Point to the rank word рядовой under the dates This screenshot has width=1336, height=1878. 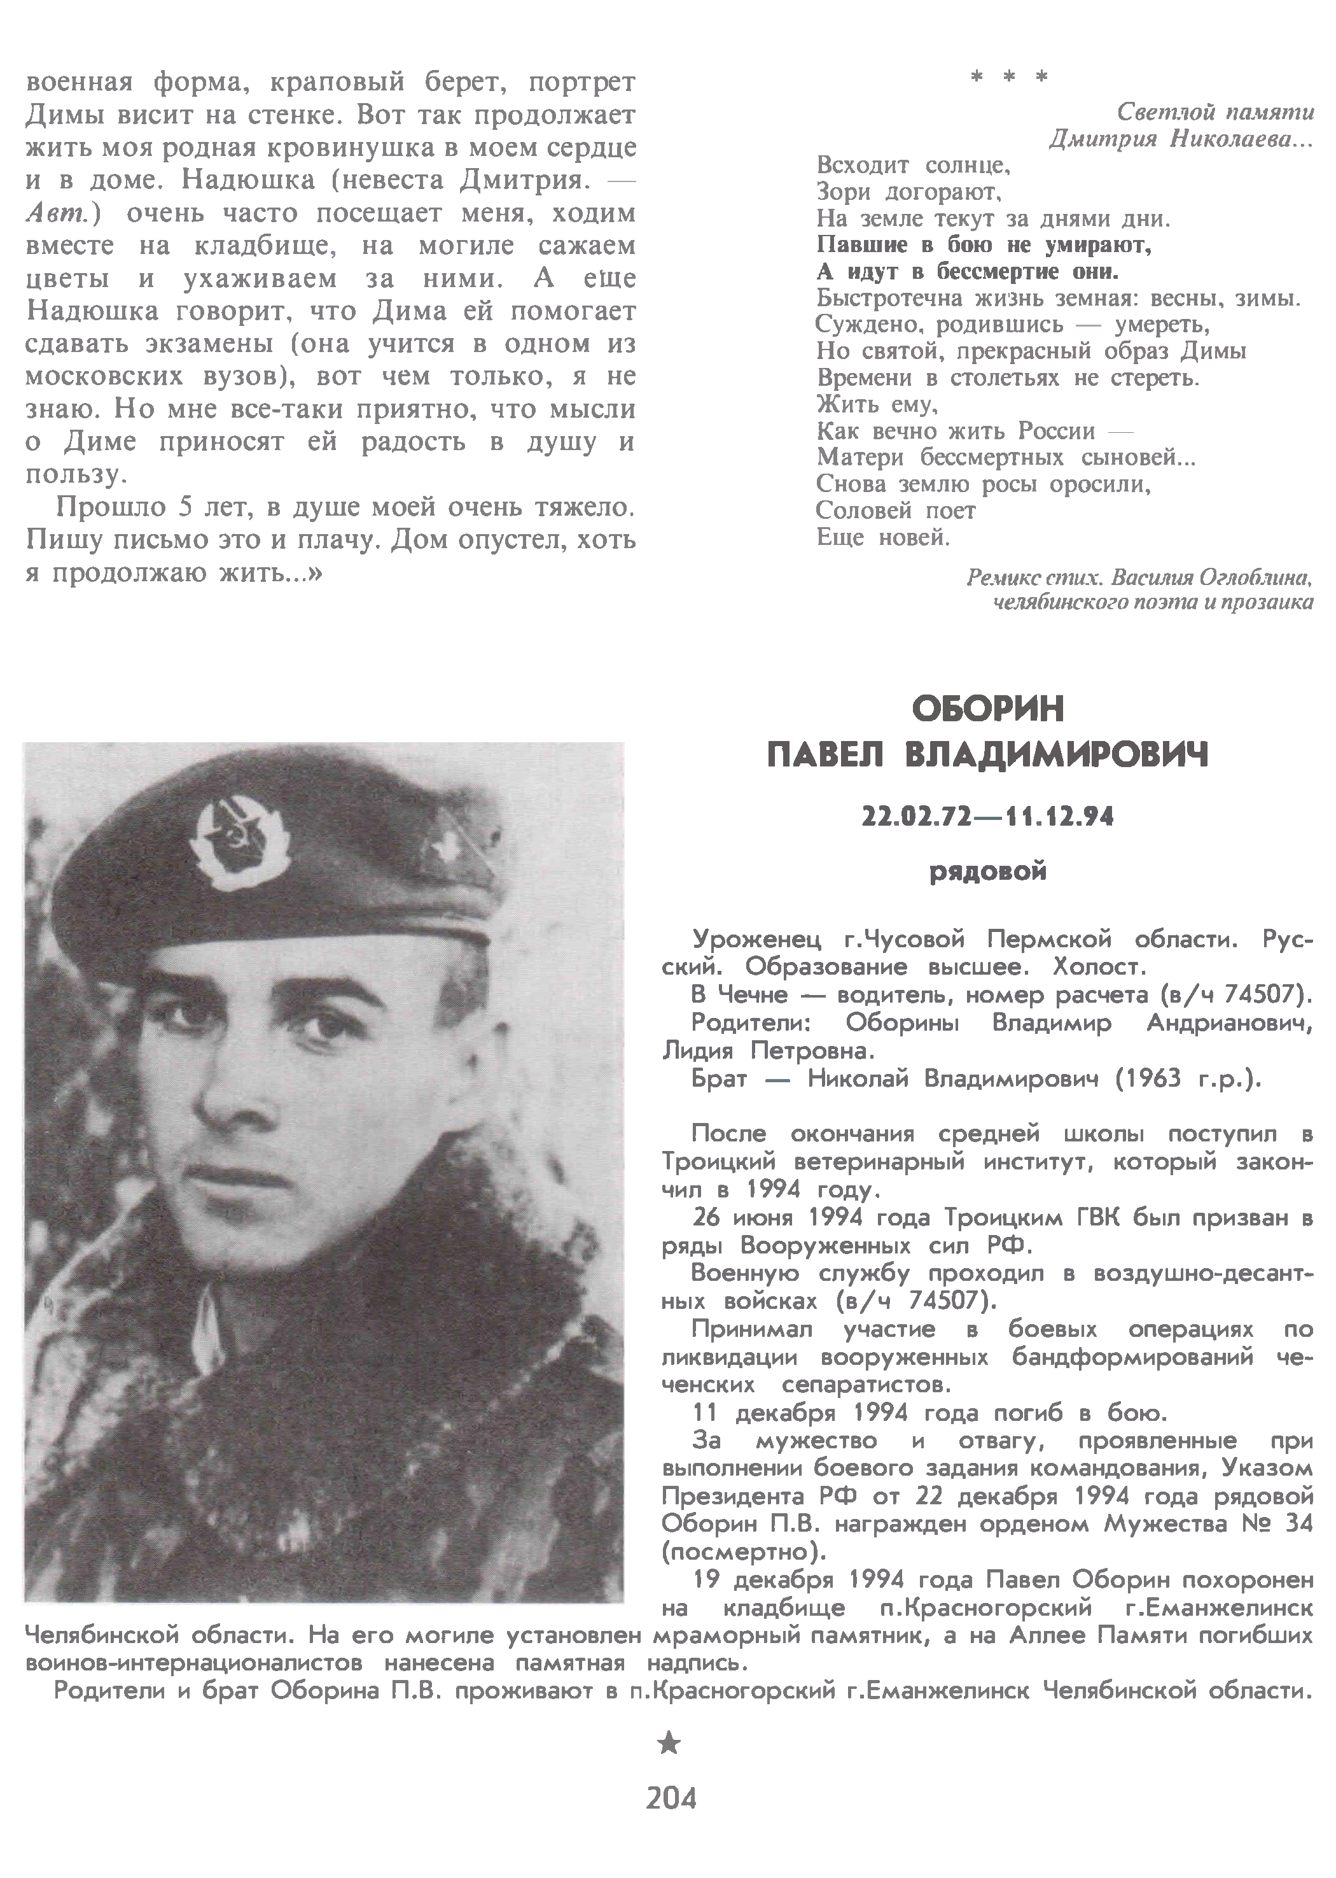coord(987,872)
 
